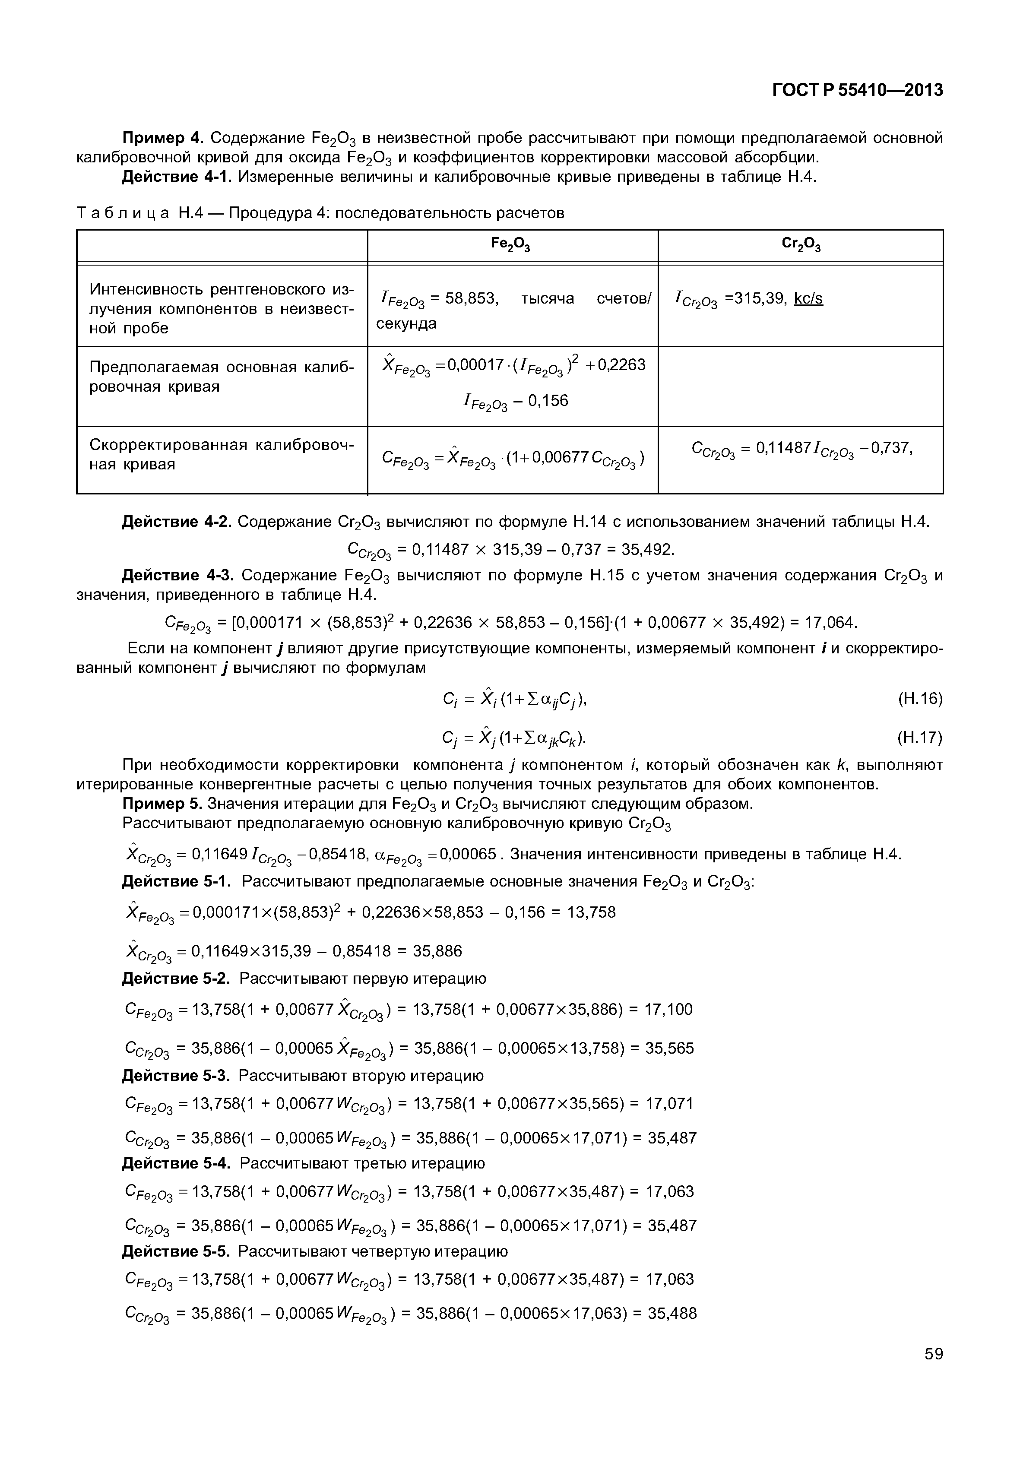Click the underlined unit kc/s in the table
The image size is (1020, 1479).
pos(808,298)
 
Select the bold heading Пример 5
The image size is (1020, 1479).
pos(162,804)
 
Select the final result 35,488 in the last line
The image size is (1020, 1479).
pos(672,1314)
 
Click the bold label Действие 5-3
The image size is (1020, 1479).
pos(176,1076)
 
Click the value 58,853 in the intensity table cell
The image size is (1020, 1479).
pos(472,298)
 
